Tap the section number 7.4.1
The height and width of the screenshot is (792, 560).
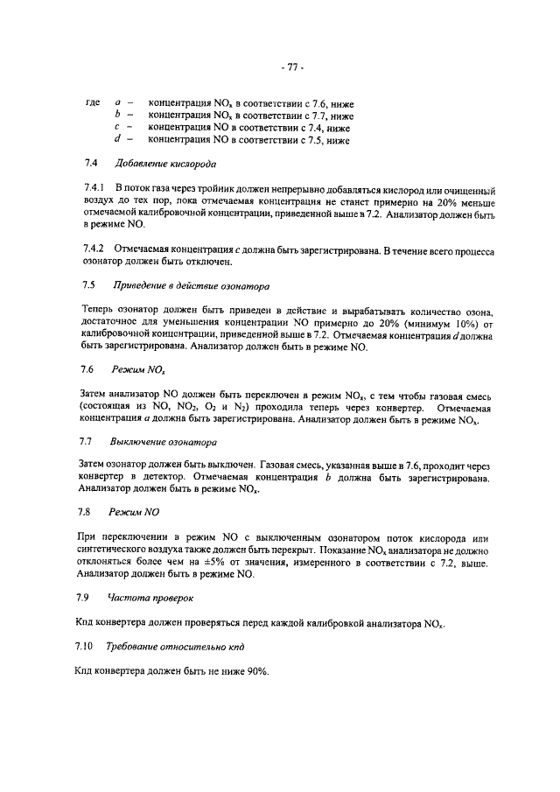coord(94,188)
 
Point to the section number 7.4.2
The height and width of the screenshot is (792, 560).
coord(94,250)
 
